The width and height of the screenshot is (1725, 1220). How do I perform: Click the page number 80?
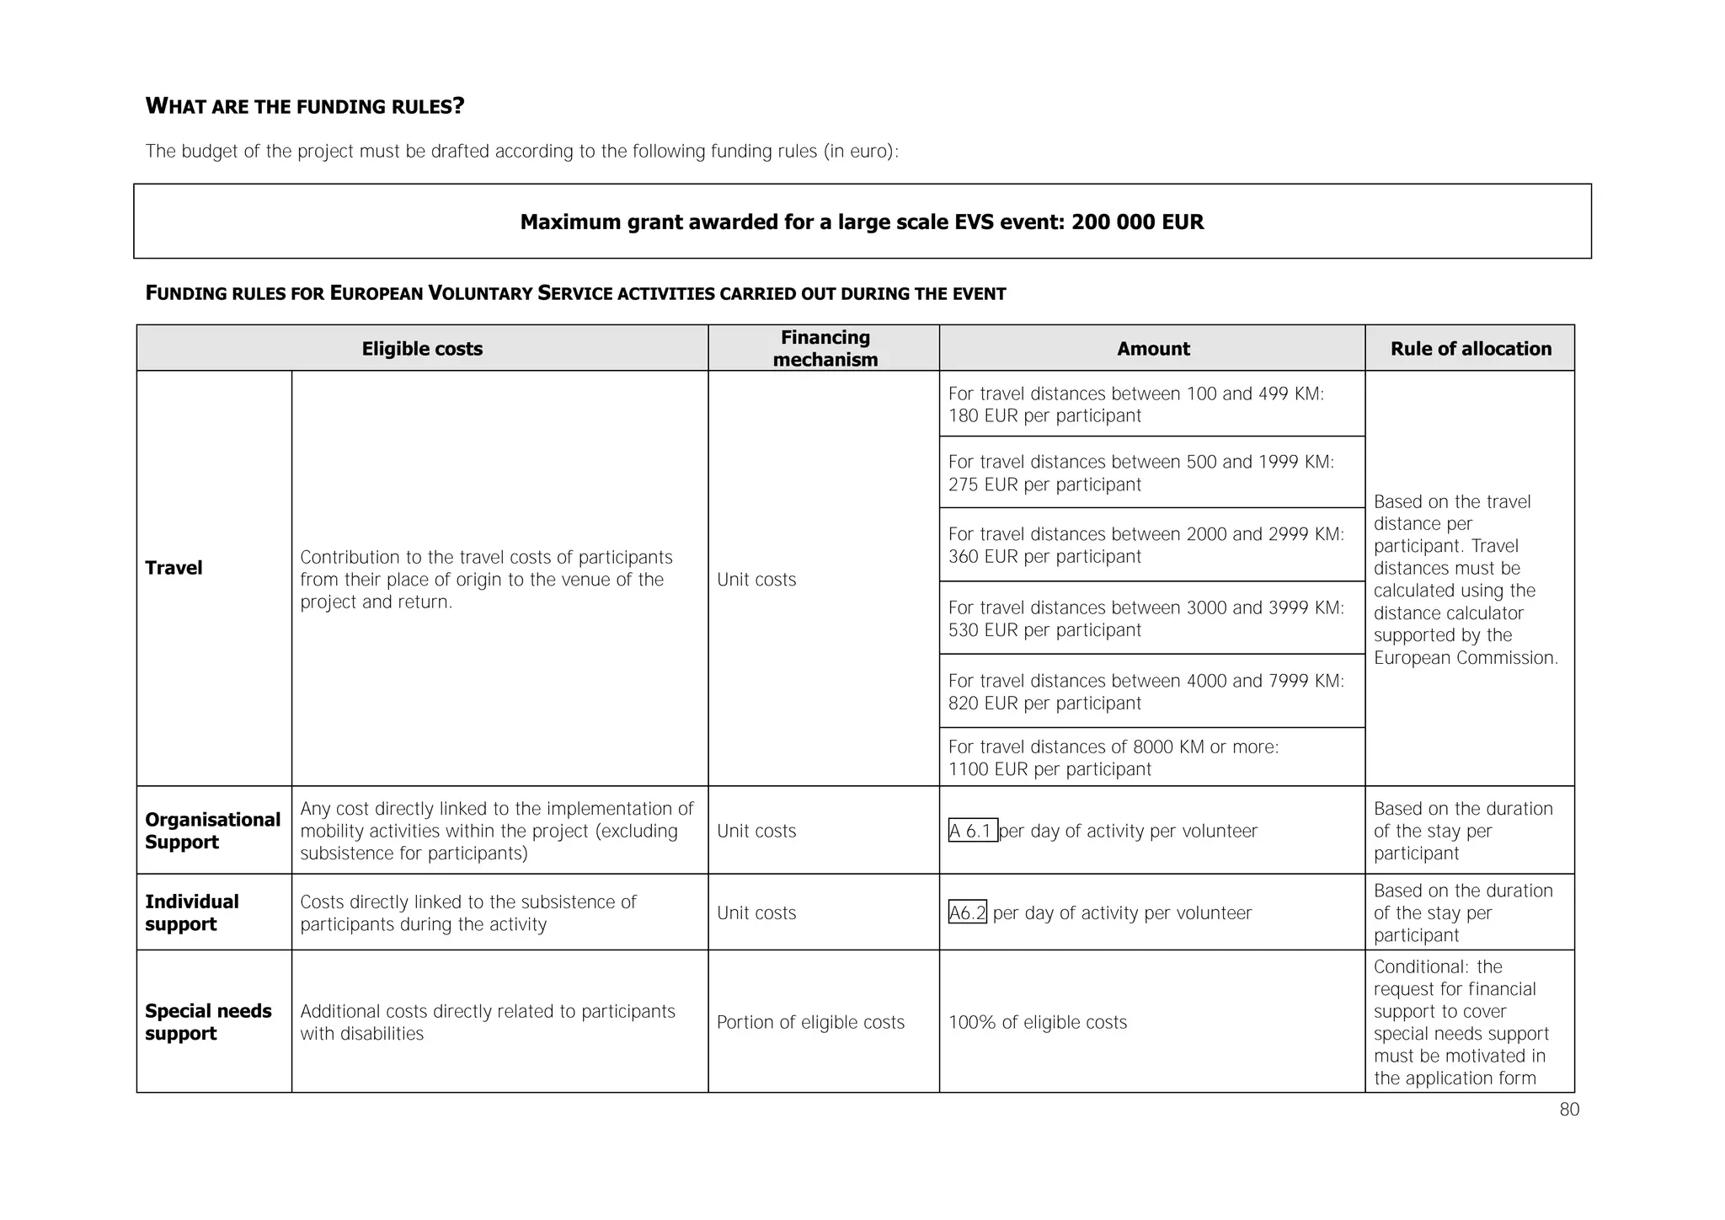[1568, 1110]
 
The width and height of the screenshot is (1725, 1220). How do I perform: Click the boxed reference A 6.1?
[972, 831]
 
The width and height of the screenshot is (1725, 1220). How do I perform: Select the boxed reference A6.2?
[967, 912]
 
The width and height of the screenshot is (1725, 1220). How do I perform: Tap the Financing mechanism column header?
[825, 348]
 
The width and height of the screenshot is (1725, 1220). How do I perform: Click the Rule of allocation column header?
[1470, 349]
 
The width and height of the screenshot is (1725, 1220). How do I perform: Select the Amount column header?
[1152, 349]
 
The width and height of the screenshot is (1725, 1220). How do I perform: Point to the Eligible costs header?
[422, 349]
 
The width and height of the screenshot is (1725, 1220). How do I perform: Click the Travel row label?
[174, 568]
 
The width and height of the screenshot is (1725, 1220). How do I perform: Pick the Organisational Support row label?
[212, 831]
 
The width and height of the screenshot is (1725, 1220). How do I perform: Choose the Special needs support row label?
[208, 1022]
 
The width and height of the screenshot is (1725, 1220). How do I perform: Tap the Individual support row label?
[191, 912]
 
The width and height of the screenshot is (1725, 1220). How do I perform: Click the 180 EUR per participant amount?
[1044, 416]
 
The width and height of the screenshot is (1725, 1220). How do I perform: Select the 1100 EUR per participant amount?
[1049, 769]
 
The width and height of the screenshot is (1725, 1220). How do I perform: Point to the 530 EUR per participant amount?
[1044, 630]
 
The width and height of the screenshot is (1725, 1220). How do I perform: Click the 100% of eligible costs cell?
[1037, 1022]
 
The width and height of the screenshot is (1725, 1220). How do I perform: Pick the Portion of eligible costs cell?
[810, 1022]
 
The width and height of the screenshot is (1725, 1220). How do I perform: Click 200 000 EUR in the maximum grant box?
[1137, 222]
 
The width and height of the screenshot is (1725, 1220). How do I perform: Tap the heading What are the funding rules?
[305, 106]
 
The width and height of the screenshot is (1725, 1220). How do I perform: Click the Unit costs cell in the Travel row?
[756, 580]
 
